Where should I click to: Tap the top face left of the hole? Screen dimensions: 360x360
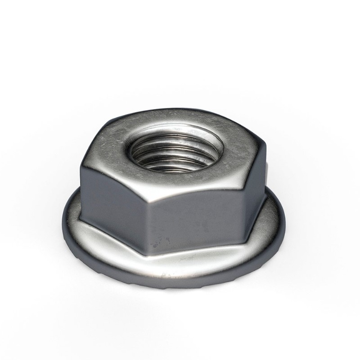115,144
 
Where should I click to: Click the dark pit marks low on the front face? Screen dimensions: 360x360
158,243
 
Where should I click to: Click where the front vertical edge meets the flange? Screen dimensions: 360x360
148,245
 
